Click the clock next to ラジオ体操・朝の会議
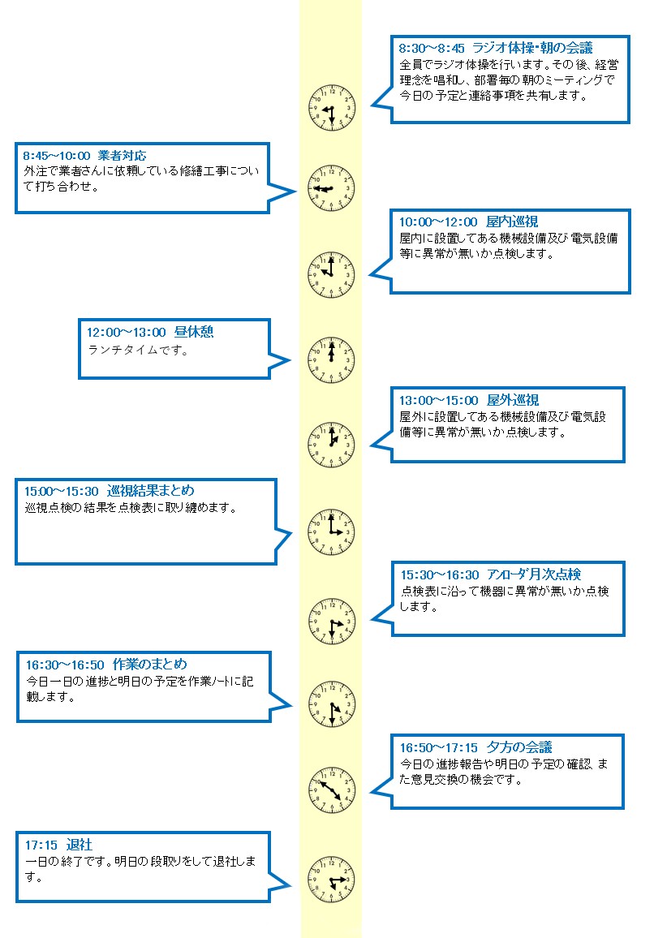[x=332, y=108]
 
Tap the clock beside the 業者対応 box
[x=332, y=188]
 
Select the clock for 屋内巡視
[x=332, y=275]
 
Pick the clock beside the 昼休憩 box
[x=332, y=360]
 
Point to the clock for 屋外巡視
[x=332, y=445]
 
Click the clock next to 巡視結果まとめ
[x=332, y=531]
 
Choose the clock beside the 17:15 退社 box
[x=332, y=880]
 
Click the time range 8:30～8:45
[x=432, y=48]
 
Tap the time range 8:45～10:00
[x=57, y=156]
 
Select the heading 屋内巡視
[x=512, y=222]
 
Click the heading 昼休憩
[x=194, y=332]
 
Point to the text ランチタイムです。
[x=138, y=350]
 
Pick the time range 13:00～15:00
[x=439, y=400]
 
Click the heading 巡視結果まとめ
[x=151, y=491]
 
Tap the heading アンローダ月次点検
[x=534, y=574]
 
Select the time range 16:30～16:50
[x=65, y=665]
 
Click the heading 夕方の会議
[x=519, y=747]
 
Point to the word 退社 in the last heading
[x=80, y=845]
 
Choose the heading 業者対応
[x=122, y=156]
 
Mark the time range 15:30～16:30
[x=440, y=574]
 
